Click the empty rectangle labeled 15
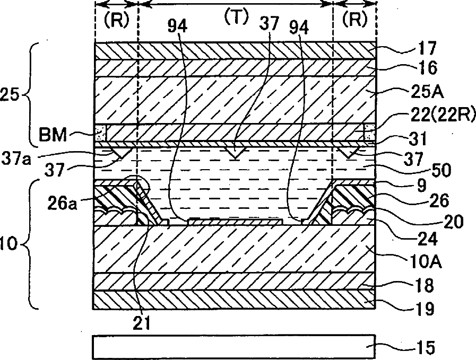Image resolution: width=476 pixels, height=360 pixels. pyautogui.click(x=233, y=346)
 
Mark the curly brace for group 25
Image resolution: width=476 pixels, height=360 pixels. pyautogui.click(x=32, y=95)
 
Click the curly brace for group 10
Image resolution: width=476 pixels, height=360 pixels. pyautogui.click(x=32, y=244)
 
